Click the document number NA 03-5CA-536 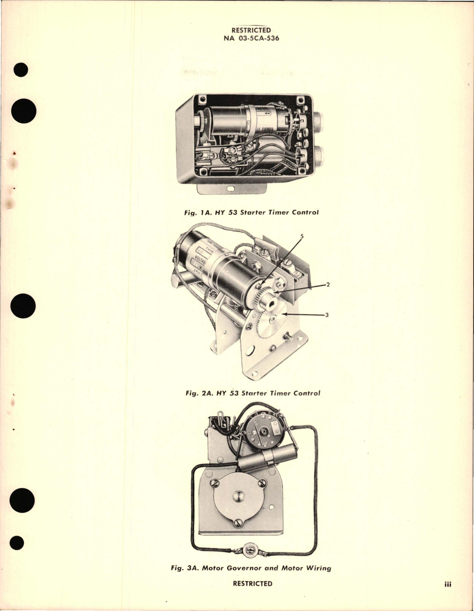click(x=251, y=38)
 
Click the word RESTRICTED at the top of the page click(x=251, y=30)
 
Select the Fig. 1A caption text click(x=252, y=213)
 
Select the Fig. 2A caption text click(x=252, y=393)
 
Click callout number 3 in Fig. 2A click(x=327, y=315)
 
